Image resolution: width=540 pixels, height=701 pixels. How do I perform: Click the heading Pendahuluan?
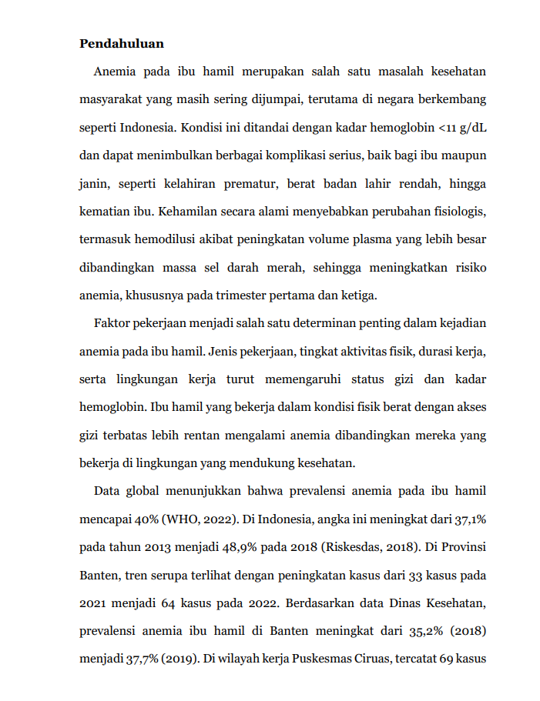tap(122, 44)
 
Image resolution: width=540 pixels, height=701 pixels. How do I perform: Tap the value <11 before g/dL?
tap(445, 127)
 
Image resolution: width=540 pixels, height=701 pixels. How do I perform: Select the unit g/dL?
tap(473, 127)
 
